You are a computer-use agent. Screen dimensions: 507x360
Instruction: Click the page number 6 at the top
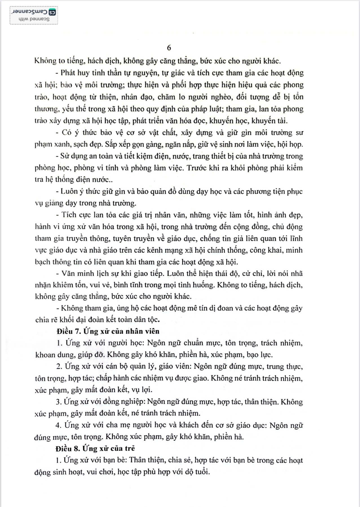(169, 48)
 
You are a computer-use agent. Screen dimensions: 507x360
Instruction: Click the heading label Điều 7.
(69, 331)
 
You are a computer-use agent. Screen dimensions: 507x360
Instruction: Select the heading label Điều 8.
(68, 448)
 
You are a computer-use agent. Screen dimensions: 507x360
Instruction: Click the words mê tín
(197, 308)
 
